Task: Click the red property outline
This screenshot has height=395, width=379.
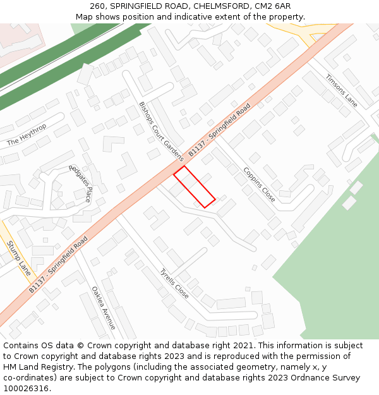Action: (x=195, y=186)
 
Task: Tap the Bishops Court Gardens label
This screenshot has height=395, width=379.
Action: (x=160, y=131)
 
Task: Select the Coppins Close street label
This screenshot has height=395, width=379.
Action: (x=259, y=184)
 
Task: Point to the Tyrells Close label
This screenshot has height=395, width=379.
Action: (x=174, y=284)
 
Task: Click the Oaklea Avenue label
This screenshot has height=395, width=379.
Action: (x=104, y=308)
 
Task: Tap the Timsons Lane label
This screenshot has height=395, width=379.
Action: (x=341, y=91)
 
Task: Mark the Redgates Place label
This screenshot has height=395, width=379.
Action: (x=80, y=183)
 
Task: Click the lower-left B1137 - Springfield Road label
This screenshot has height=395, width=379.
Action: (x=57, y=265)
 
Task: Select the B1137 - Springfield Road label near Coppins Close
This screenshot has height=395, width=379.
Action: (x=219, y=130)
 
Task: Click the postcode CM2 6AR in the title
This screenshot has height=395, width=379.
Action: (x=272, y=6)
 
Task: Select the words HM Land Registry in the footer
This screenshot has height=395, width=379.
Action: (x=39, y=367)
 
